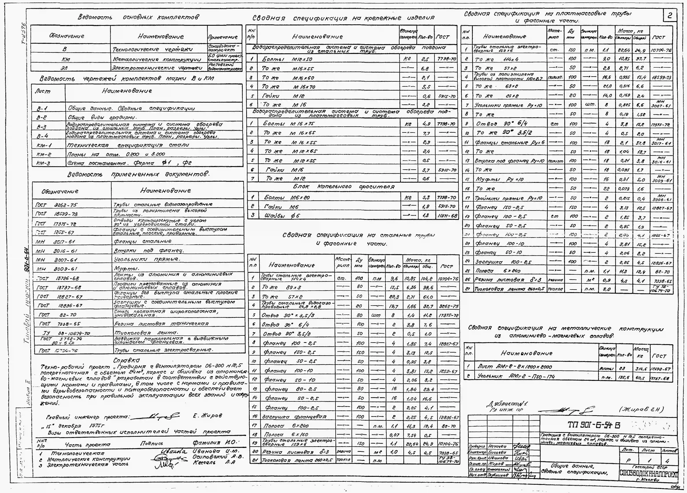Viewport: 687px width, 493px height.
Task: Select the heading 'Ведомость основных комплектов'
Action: pyautogui.click(x=138, y=17)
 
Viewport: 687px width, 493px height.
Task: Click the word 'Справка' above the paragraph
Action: pyautogui.click(x=126, y=360)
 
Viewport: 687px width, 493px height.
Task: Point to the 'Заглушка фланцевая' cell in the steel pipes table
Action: pyautogui.click(x=294, y=417)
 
